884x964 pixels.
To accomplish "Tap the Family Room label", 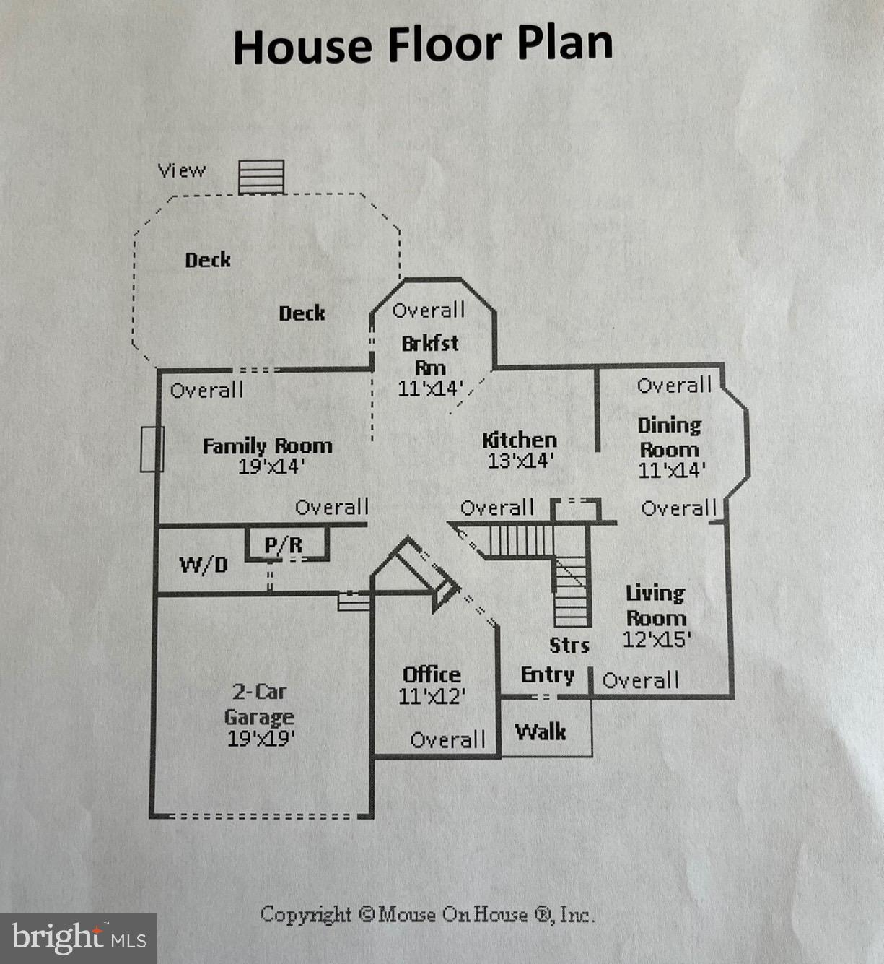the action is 267,446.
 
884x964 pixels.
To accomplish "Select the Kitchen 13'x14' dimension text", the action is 521,461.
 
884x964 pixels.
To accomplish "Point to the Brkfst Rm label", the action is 430,355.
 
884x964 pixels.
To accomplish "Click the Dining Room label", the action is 669,438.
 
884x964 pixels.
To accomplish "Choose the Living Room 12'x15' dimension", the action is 657,639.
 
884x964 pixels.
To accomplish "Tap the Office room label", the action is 432,674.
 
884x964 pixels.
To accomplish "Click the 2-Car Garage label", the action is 260,705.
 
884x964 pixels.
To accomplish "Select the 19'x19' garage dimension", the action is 261,739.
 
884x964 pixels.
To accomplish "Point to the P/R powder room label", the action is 284,545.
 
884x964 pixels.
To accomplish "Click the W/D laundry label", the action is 204,565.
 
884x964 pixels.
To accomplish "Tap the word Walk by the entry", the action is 541,732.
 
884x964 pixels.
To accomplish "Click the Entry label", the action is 548,675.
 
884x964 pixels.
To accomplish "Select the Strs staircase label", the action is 569,646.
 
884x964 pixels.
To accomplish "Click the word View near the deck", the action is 182,170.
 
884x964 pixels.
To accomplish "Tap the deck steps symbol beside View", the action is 261,177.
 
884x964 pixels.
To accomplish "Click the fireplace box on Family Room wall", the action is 152,449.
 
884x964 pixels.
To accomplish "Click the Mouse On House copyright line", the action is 428,914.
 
